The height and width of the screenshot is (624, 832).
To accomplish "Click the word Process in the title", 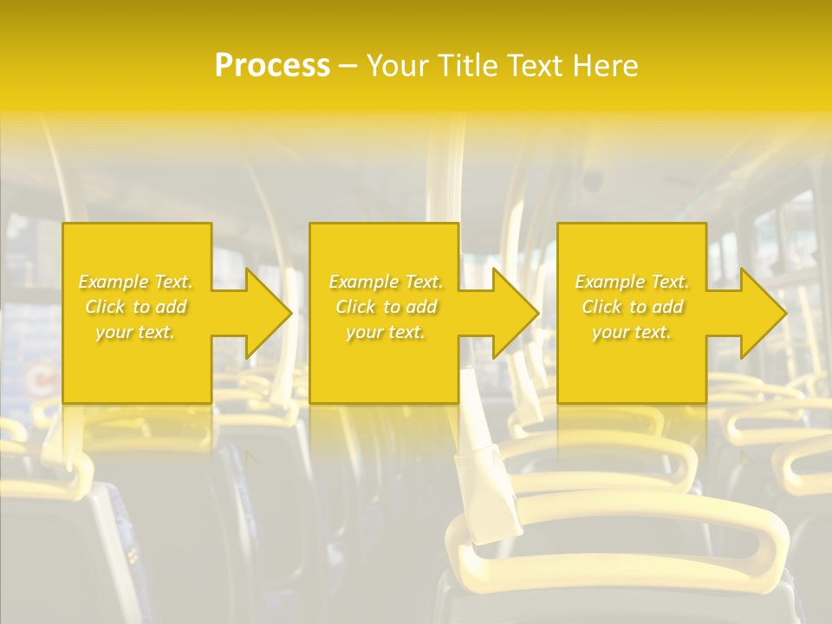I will pyautogui.click(x=272, y=66).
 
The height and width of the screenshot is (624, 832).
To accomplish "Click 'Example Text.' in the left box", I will pyautogui.click(x=136, y=282).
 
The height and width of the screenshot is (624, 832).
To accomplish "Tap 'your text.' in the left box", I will pyautogui.click(x=136, y=332).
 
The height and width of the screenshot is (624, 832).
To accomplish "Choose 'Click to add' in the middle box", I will pyautogui.click(x=386, y=307).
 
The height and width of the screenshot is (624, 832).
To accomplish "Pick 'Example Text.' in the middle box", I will pyautogui.click(x=386, y=282).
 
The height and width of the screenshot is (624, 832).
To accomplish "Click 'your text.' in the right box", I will pyautogui.click(x=632, y=332).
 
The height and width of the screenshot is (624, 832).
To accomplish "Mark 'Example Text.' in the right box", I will pyautogui.click(x=632, y=282).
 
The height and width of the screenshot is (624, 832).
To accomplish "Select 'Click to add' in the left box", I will pyautogui.click(x=136, y=307).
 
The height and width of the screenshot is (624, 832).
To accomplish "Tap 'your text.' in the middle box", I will pyautogui.click(x=386, y=332).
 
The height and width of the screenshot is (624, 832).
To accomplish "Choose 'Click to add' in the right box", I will pyautogui.click(x=632, y=307).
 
